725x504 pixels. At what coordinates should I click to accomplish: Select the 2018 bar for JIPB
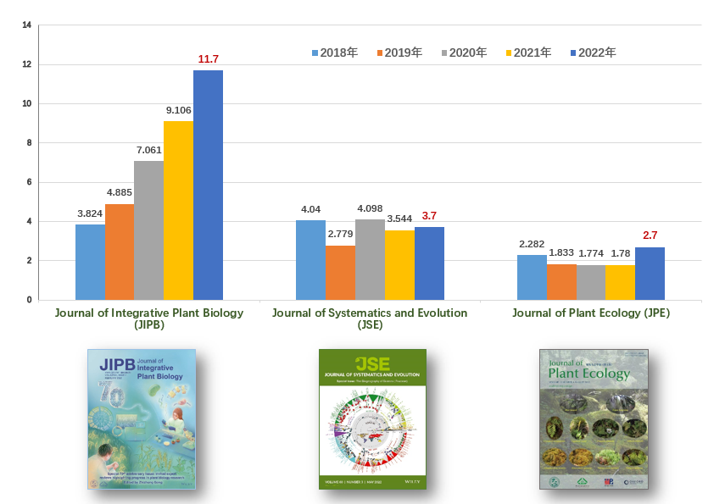point(90,262)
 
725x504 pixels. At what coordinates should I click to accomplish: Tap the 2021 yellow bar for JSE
point(399,265)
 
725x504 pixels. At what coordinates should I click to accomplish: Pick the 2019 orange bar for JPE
point(561,282)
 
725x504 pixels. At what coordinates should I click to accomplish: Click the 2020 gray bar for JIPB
point(148,230)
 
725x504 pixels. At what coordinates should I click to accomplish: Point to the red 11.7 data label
point(209,58)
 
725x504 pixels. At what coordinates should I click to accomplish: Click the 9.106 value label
point(178,110)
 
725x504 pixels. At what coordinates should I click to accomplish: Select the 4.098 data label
point(370,208)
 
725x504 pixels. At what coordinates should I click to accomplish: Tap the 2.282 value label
point(532,244)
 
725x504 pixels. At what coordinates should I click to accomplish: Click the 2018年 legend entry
point(336,53)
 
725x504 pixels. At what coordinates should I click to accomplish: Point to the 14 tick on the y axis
point(26,25)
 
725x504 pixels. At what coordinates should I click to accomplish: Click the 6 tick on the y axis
point(28,182)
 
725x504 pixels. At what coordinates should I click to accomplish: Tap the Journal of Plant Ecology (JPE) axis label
point(591,313)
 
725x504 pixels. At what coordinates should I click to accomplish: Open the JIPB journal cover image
point(142,418)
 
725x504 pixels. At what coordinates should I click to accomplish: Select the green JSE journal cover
point(372,418)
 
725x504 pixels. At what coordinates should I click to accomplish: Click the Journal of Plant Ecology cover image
point(594,418)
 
